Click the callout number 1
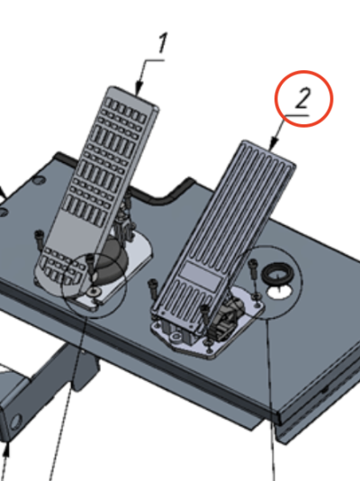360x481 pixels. click(163, 43)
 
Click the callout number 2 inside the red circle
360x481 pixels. click(302, 98)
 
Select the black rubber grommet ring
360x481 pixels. click(275, 274)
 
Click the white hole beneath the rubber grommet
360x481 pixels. click(280, 292)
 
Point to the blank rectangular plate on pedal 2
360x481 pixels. click(200, 276)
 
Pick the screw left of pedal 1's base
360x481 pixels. click(40, 240)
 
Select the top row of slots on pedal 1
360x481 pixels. click(126, 110)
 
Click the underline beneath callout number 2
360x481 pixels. click(296, 115)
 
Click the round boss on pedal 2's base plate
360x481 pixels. click(176, 337)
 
